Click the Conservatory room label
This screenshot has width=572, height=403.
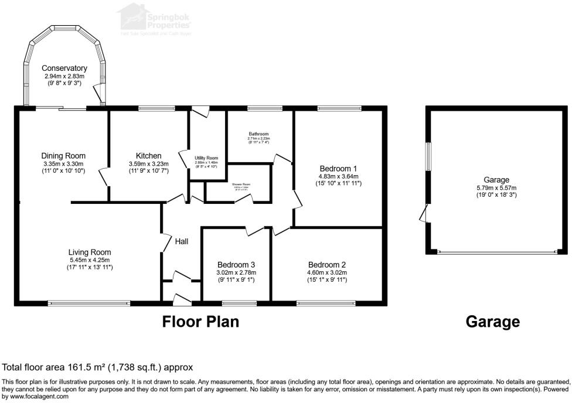tap(65, 69)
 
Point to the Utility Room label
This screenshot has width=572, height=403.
tap(206, 158)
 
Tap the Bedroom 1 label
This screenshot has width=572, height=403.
tap(339, 168)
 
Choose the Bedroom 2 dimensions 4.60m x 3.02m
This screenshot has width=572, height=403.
tap(328, 272)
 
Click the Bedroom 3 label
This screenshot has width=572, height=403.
tap(236, 264)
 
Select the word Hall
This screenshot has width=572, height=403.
tap(182, 241)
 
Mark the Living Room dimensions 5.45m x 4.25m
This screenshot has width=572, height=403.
tap(89, 260)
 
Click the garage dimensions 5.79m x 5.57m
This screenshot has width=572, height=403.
tap(496, 188)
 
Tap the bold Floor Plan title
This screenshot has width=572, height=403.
tap(200, 322)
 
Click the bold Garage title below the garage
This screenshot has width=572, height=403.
tap(492, 322)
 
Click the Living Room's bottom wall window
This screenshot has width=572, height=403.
tap(89, 303)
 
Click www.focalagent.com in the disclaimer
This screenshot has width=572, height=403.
tap(29, 396)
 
